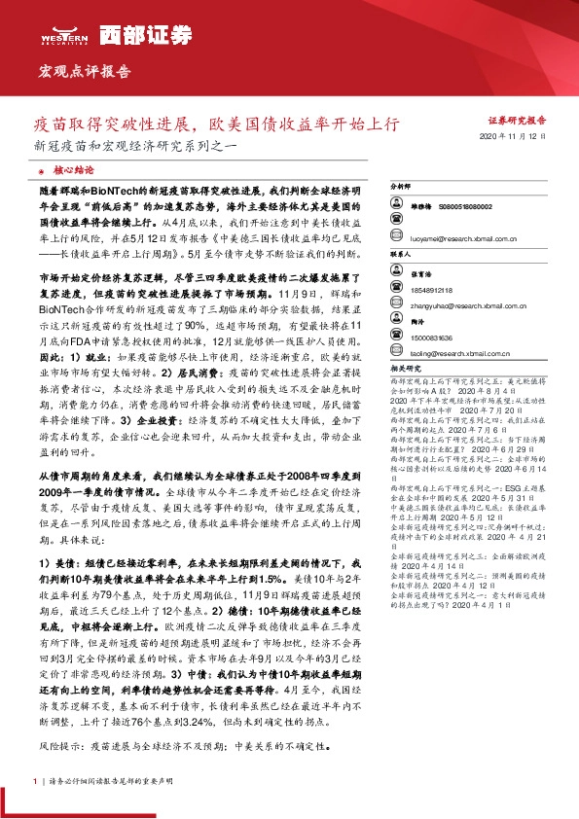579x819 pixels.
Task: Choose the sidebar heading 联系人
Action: (400, 253)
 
